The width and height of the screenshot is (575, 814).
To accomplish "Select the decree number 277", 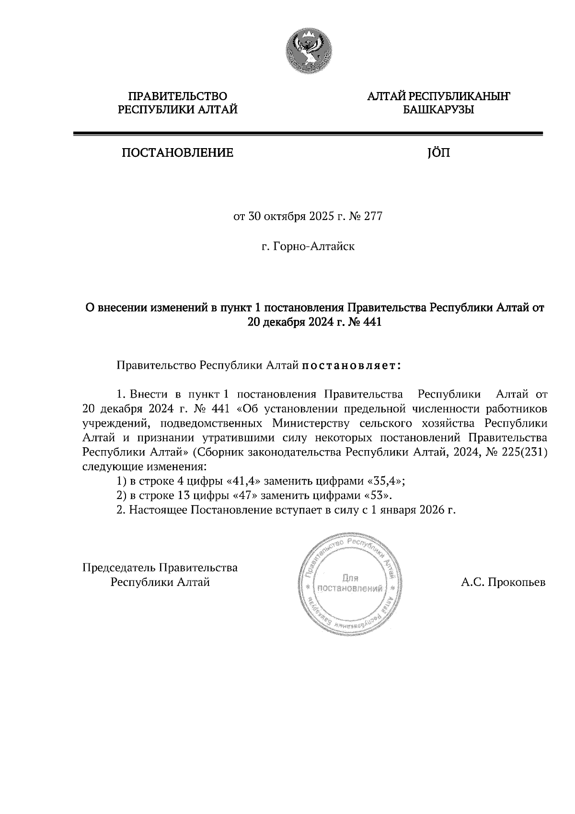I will [373, 217].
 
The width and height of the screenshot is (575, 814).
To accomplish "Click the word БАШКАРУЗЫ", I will [438, 110].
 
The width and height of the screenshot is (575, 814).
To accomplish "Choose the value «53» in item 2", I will [377, 495].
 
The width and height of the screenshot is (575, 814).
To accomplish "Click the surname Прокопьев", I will [516, 582].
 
